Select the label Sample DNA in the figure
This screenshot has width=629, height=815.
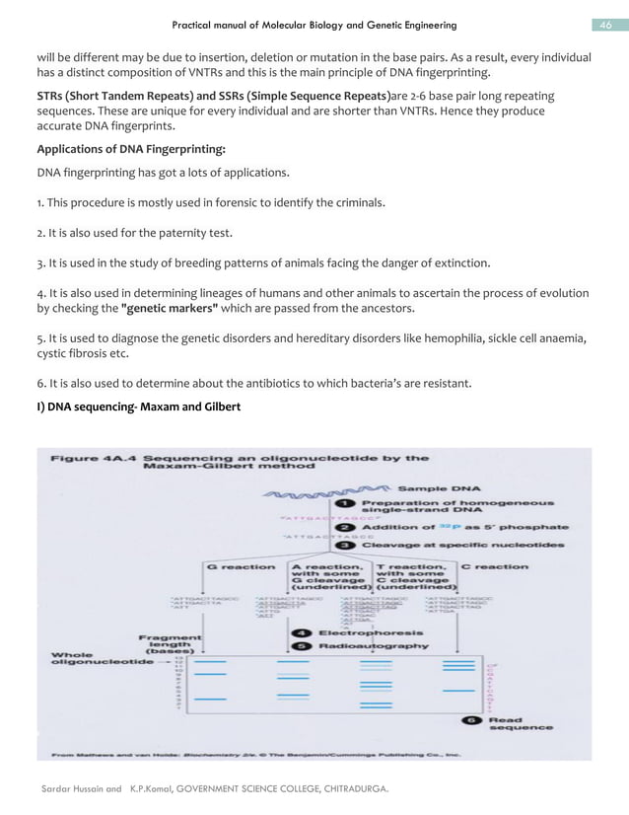tap(440, 487)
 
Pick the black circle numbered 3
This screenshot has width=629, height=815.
tap(347, 545)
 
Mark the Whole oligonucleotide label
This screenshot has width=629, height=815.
tap(97, 657)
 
